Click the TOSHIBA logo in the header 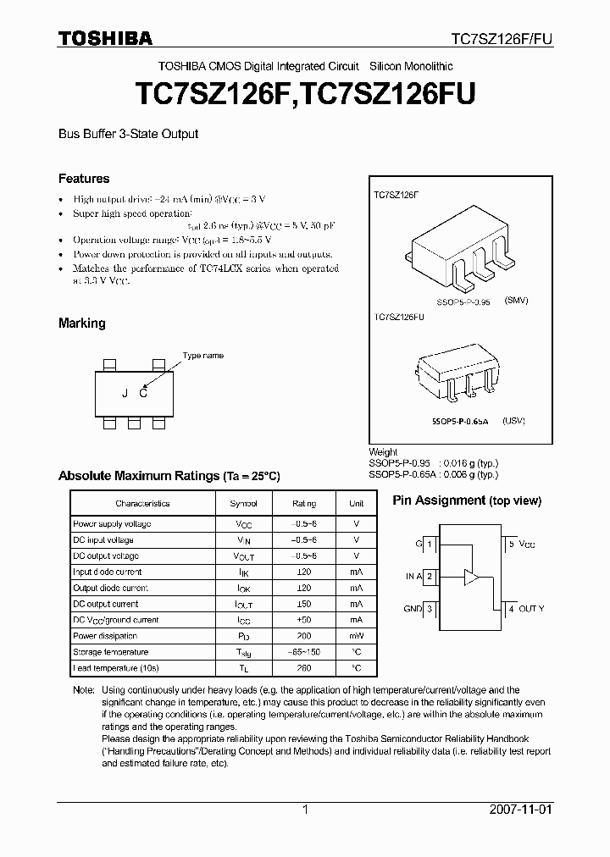pyautogui.click(x=105, y=38)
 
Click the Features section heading pyautogui.click(x=84, y=179)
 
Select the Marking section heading pyautogui.click(x=81, y=323)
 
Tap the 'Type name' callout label pyautogui.click(x=203, y=356)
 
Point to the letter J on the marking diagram pyautogui.click(x=125, y=392)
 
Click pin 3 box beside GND pyautogui.click(x=430, y=609)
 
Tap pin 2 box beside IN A pyautogui.click(x=430, y=577)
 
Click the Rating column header pyautogui.click(x=304, y=503)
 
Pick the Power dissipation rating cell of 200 pyautogui.click(x=304, y=636)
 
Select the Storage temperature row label pyautogui.click(x=111, y=652)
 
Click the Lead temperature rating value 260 pyautogui.click(x=304, y=668)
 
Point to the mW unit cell pyautogui.click(x=357, y=636)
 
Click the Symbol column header pyautogui.click(x=244, y=503)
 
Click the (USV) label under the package pyautogui.click(x=513, y=421)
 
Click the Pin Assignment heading pyautogui.click(x=466, y=500)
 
